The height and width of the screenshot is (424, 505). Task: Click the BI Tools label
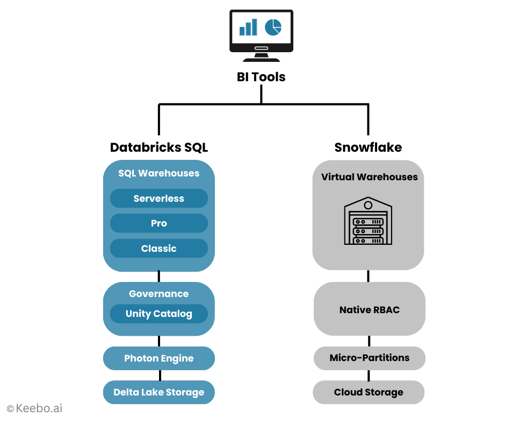(261, 77)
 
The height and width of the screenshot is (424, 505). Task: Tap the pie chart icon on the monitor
(273, 27)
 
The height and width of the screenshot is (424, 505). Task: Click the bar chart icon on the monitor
(248, 27)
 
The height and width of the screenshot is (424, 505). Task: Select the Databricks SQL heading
(159, 147)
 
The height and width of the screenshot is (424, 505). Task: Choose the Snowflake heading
(368, 147)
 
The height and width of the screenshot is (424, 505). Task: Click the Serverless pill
(159, 199)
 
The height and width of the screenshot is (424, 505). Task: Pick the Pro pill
(159, 223)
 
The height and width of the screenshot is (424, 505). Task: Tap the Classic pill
(159, 249)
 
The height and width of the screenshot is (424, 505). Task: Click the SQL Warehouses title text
(159, 173)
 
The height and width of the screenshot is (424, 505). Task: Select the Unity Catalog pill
(159, 314)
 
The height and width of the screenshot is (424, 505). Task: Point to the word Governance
(159, 294)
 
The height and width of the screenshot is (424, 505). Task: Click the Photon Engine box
(159, 358)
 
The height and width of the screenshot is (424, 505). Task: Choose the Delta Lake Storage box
(159, 392)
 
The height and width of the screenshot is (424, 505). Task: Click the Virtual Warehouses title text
(369, 177)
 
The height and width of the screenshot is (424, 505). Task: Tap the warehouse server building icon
(368, 221)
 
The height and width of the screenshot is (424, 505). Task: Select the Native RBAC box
(369, 309)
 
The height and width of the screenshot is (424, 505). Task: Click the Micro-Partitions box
(369, 358)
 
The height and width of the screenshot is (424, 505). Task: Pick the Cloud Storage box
(369, 392)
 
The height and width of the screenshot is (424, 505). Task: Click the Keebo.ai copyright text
(34, 408)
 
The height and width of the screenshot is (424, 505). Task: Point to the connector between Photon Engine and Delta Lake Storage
(159, 376)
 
